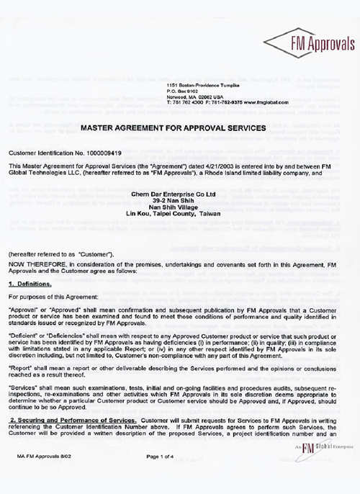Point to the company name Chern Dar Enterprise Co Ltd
coord(180,194)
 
